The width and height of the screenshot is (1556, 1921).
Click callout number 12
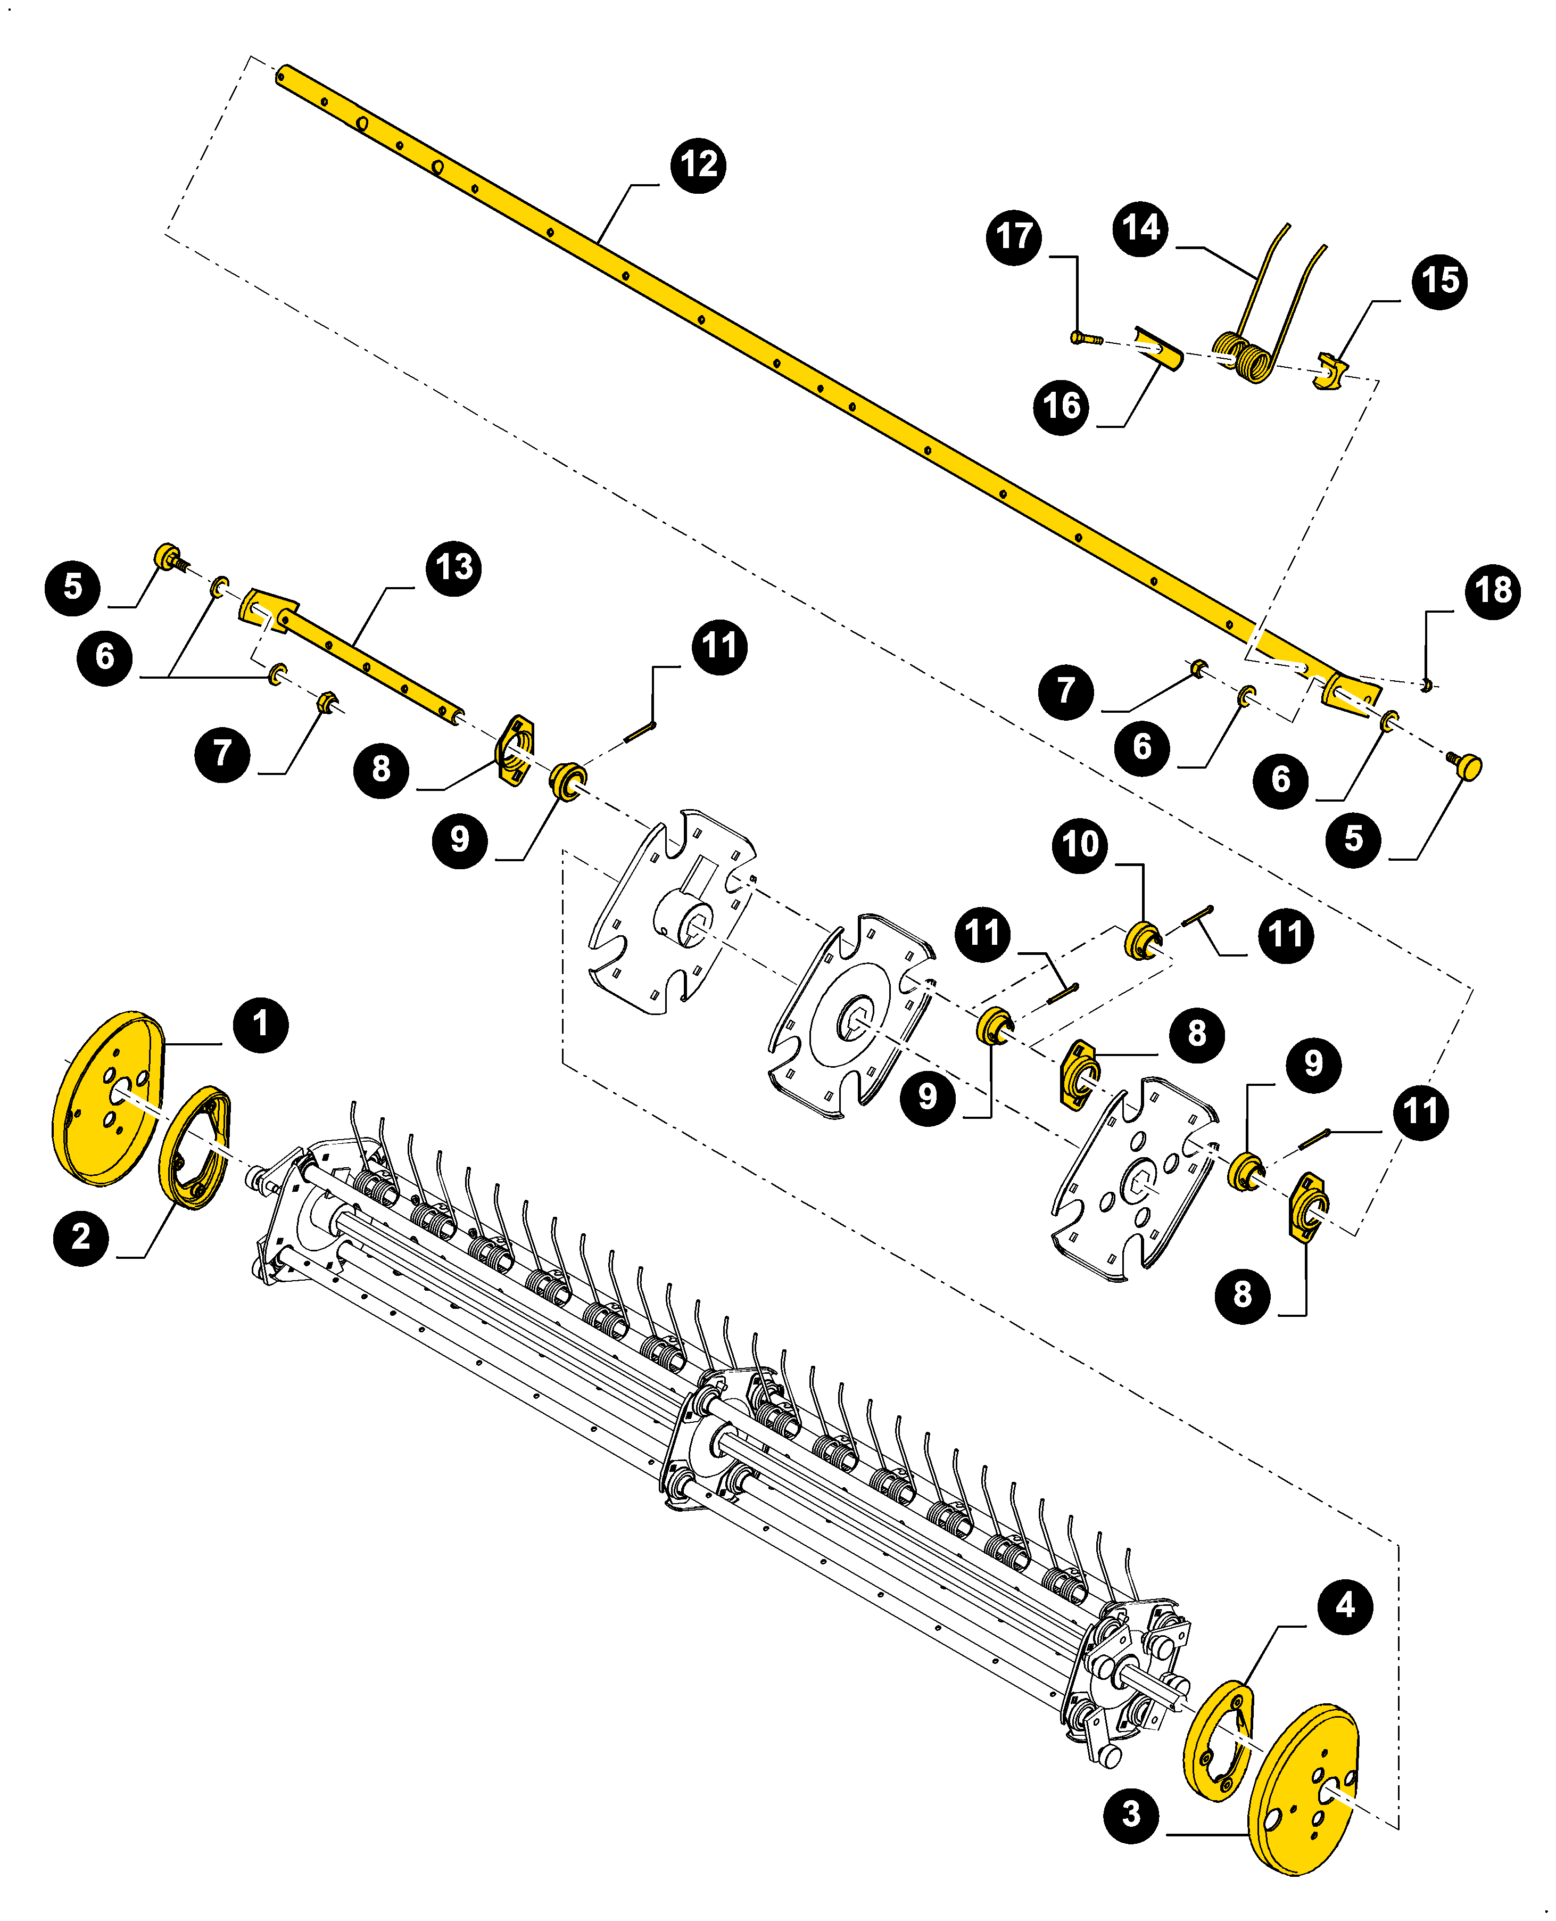(x=698, y=165)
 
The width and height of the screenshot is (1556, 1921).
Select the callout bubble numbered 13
(x=453, y=567)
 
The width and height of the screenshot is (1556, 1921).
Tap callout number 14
(x=1140, y=228)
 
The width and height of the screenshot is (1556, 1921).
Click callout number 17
(x=1014, y=237)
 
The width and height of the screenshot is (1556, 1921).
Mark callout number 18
(x=1492, y=591)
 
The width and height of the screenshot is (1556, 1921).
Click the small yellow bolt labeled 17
(x=1083, y=338)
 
